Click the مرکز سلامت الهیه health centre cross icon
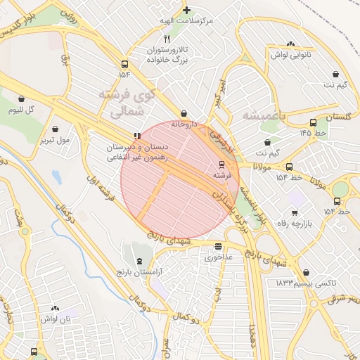pos(186,10)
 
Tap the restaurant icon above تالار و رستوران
pos(167,39)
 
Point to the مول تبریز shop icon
pos(55,129)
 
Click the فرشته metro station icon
pos(222,163)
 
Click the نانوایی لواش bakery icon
pos(291,44)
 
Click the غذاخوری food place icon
pos(218,247)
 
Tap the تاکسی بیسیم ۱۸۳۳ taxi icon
pos(305,272)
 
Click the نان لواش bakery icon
pos(55,309)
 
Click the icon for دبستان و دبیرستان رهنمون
pos(136,136)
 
